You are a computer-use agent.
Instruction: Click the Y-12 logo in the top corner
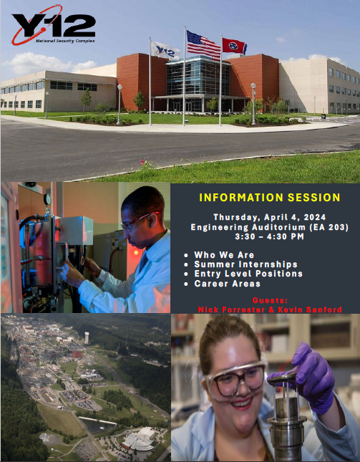[x=53, y=25]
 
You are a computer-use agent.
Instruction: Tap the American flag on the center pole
[x=203, y=45]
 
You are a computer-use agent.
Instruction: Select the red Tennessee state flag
[x=234, y=47]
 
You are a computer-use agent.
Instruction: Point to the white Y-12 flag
[x=165, y=50]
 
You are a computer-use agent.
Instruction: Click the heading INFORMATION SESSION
[x=270, y=198]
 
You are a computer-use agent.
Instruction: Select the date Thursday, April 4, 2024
[x=270, y=217]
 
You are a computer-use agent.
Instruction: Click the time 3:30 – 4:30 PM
[x=269, y=236]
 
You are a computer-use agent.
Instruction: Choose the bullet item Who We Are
[x=224, y=255]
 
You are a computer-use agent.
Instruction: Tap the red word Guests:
[x=270, y=301]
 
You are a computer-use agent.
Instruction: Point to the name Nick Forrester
[x=231, y=309]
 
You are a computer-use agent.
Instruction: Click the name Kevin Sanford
[x=310, y=309]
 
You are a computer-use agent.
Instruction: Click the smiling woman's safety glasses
[x=235, y=380]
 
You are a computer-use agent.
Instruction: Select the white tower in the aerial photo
[x=87, y=337]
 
